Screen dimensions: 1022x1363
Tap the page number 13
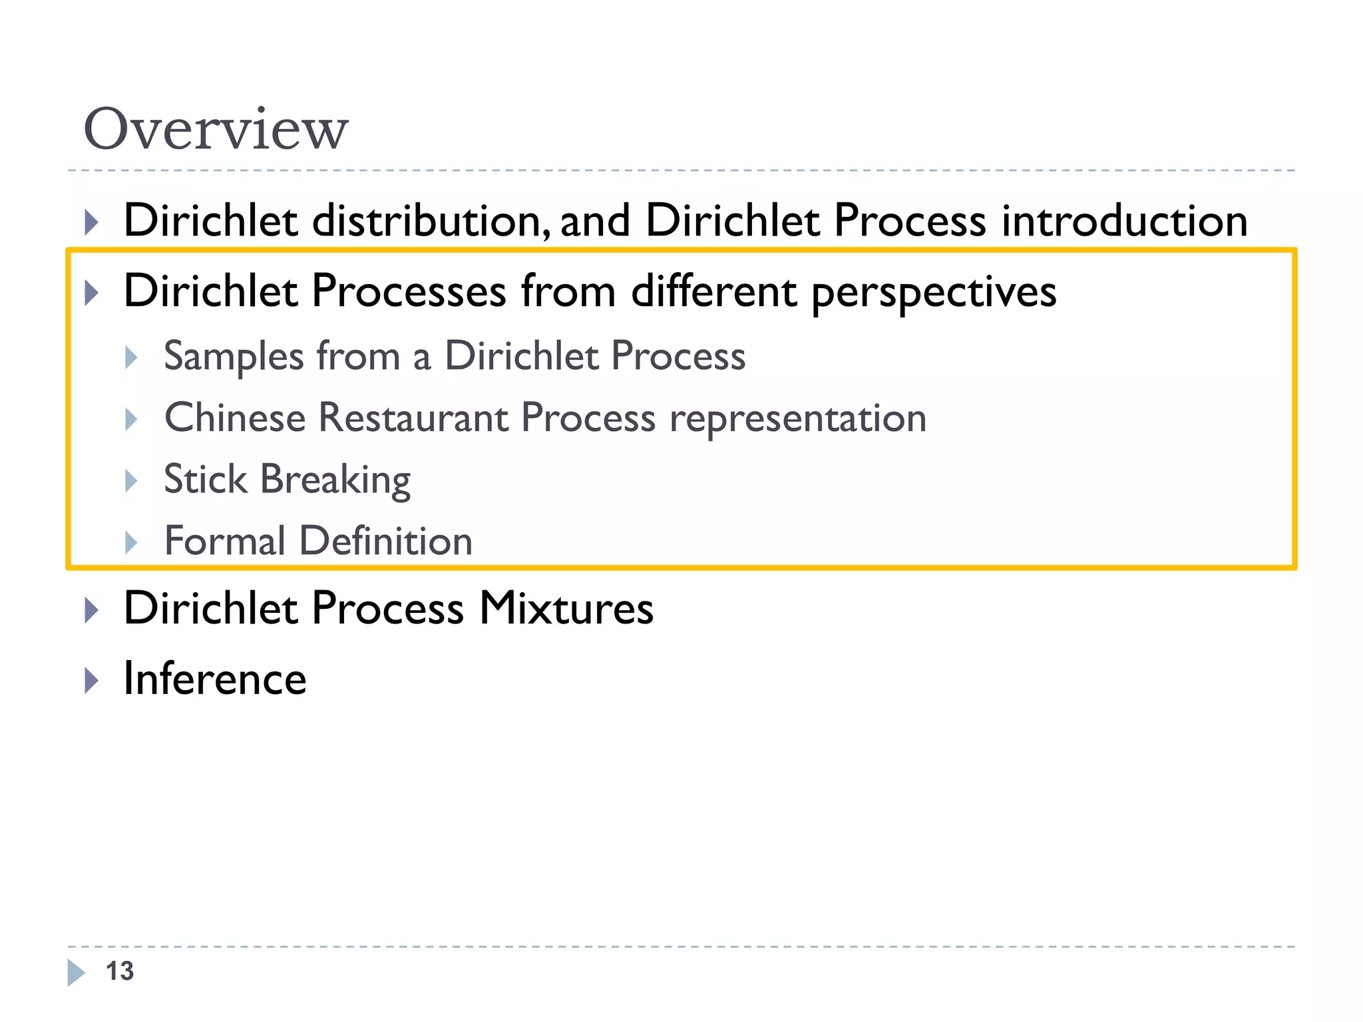120,971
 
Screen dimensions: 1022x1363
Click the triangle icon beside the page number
77,973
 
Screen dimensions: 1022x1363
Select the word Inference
215,679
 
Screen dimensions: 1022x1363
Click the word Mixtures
566,608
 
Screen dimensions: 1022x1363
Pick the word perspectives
934,291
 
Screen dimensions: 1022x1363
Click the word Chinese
235,418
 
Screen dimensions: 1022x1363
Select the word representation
798,419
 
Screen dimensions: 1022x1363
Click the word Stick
206,479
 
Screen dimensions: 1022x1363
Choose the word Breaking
335,480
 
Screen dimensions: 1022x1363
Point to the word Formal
225,540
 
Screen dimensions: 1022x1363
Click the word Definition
386,540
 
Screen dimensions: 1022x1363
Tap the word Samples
234,357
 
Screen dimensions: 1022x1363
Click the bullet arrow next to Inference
92,680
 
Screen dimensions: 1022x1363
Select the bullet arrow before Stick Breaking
131,480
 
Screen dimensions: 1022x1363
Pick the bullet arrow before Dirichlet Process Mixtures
92,609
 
